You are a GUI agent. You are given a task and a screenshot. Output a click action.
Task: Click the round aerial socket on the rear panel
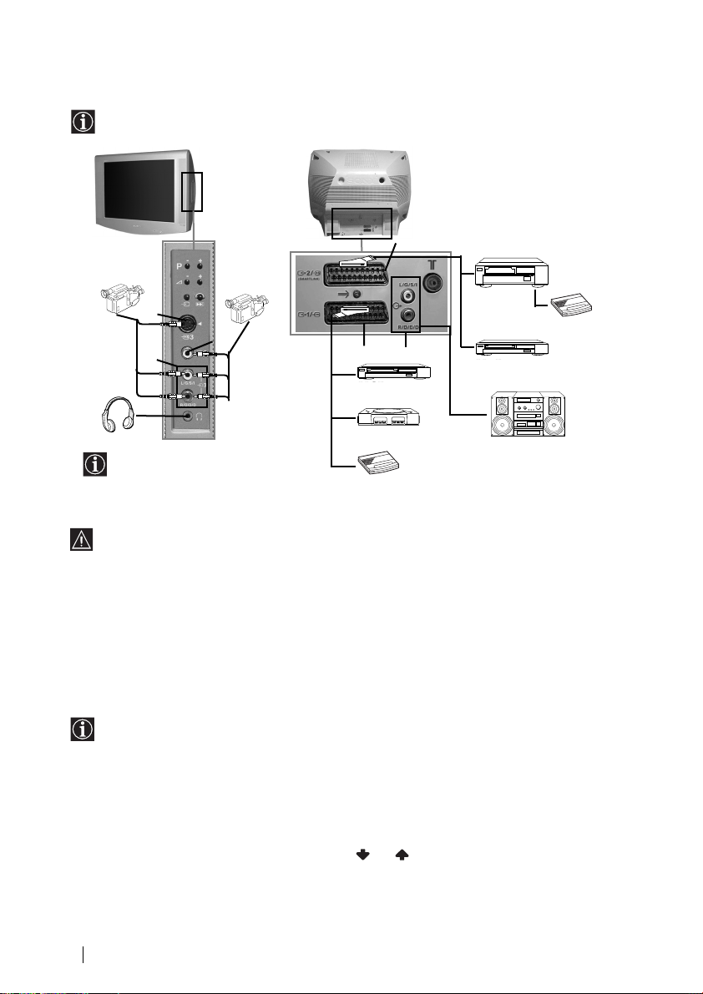pyautogui.click(x=434, y=282)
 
